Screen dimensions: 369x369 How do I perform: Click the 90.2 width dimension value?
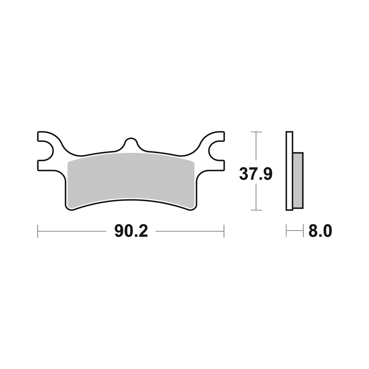pos(131,231)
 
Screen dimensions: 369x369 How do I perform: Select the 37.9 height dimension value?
pos(256,174)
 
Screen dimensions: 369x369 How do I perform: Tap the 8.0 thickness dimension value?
pos(320,231)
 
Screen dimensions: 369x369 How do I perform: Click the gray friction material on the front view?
pos(131,180)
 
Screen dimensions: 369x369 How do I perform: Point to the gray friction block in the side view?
pos(298,180)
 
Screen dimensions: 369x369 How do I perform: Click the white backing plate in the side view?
pos(289,170)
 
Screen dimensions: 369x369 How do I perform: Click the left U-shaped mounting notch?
pos(46,151)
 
